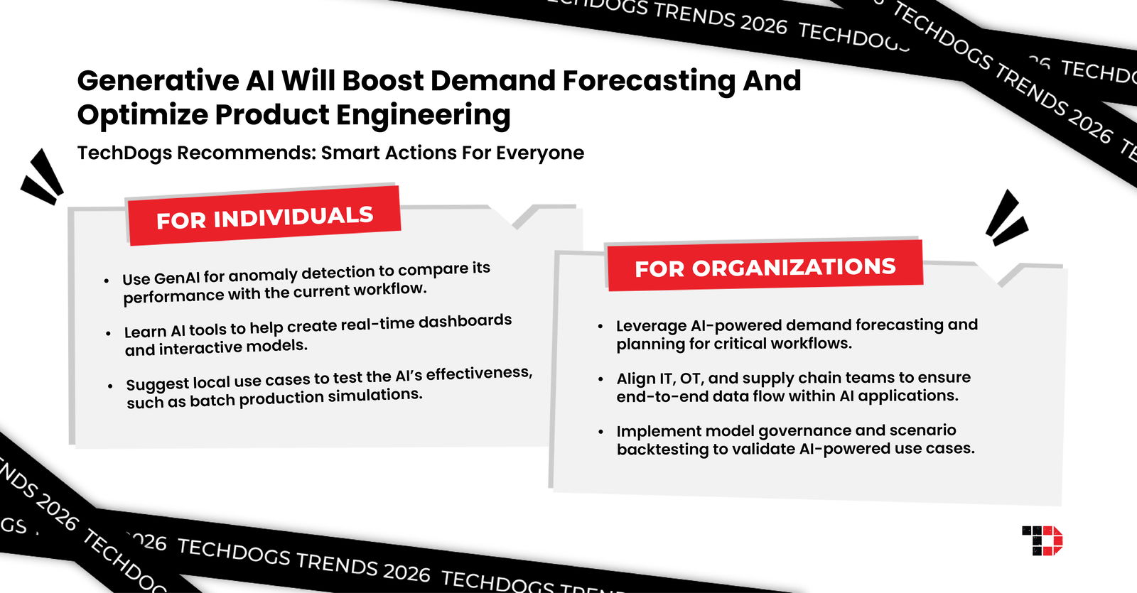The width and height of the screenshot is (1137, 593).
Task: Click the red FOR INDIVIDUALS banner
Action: (264, 216)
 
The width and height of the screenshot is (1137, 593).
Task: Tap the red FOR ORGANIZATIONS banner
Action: (765, 266)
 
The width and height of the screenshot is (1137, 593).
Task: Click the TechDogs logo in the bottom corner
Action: (1042, 540)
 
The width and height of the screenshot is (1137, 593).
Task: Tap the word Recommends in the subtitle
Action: (246, 153)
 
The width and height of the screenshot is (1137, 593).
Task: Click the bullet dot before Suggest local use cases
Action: (110, 386)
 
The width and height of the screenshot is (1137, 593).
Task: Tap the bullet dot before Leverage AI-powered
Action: (600, 326)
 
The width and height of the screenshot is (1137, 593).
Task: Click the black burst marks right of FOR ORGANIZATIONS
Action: (1006, 218)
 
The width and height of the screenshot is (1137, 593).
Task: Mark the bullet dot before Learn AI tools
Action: (108, 332)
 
